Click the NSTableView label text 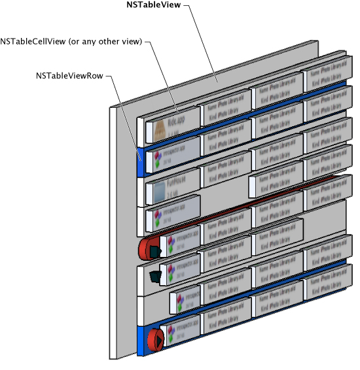pyautogui.click(x=154, y=5)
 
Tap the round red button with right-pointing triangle pyautogui.click(x=156, y=339)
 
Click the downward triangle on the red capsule pyautogui.click(x=154, y=252)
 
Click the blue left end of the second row pyautogui.click(x=140, y=163)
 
